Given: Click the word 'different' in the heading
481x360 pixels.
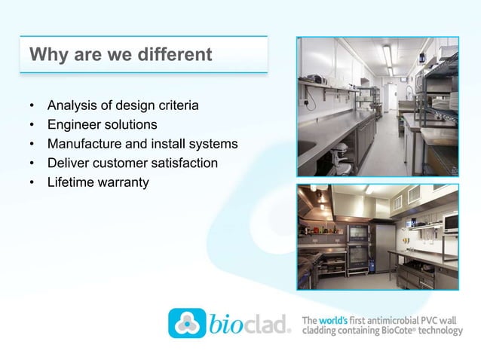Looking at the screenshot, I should pyautogui.click(x=176, y=55).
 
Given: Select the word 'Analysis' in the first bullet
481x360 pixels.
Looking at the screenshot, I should pyautogui.click(x=72, y=105).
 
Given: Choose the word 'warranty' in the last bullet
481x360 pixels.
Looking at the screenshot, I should pyautogui.click(x=124, y=182).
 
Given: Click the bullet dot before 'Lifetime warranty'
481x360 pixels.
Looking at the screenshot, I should pyautogui.click(x=32, y=183).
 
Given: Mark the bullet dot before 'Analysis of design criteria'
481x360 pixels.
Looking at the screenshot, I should pyautogui.click(x=32, y=105).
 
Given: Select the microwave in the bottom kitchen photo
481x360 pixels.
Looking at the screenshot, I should pyautogui.click(x=450, y=222).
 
